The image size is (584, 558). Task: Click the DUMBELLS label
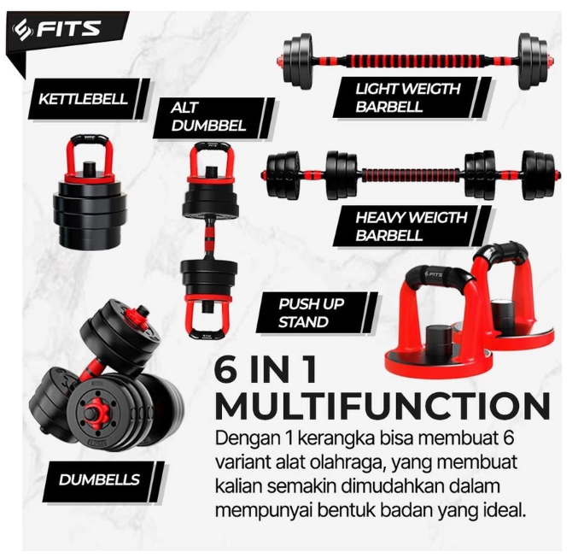(99, 479)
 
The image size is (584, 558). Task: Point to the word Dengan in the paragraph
(243, 438)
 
